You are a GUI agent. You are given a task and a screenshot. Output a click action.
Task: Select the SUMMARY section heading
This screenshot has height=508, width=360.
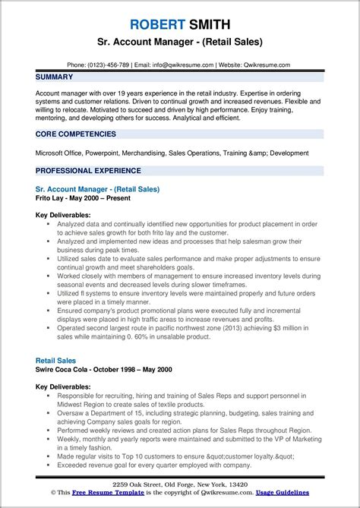(54, 77)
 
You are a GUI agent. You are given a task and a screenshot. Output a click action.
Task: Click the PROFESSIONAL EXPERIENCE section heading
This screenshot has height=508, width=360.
(87, 170)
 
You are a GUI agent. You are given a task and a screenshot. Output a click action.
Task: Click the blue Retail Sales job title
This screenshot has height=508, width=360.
(55, 361)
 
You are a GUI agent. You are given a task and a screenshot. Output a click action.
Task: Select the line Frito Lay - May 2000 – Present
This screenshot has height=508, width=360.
(83, 197)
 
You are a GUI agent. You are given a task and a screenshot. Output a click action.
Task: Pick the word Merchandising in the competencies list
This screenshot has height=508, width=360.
(147, 153)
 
